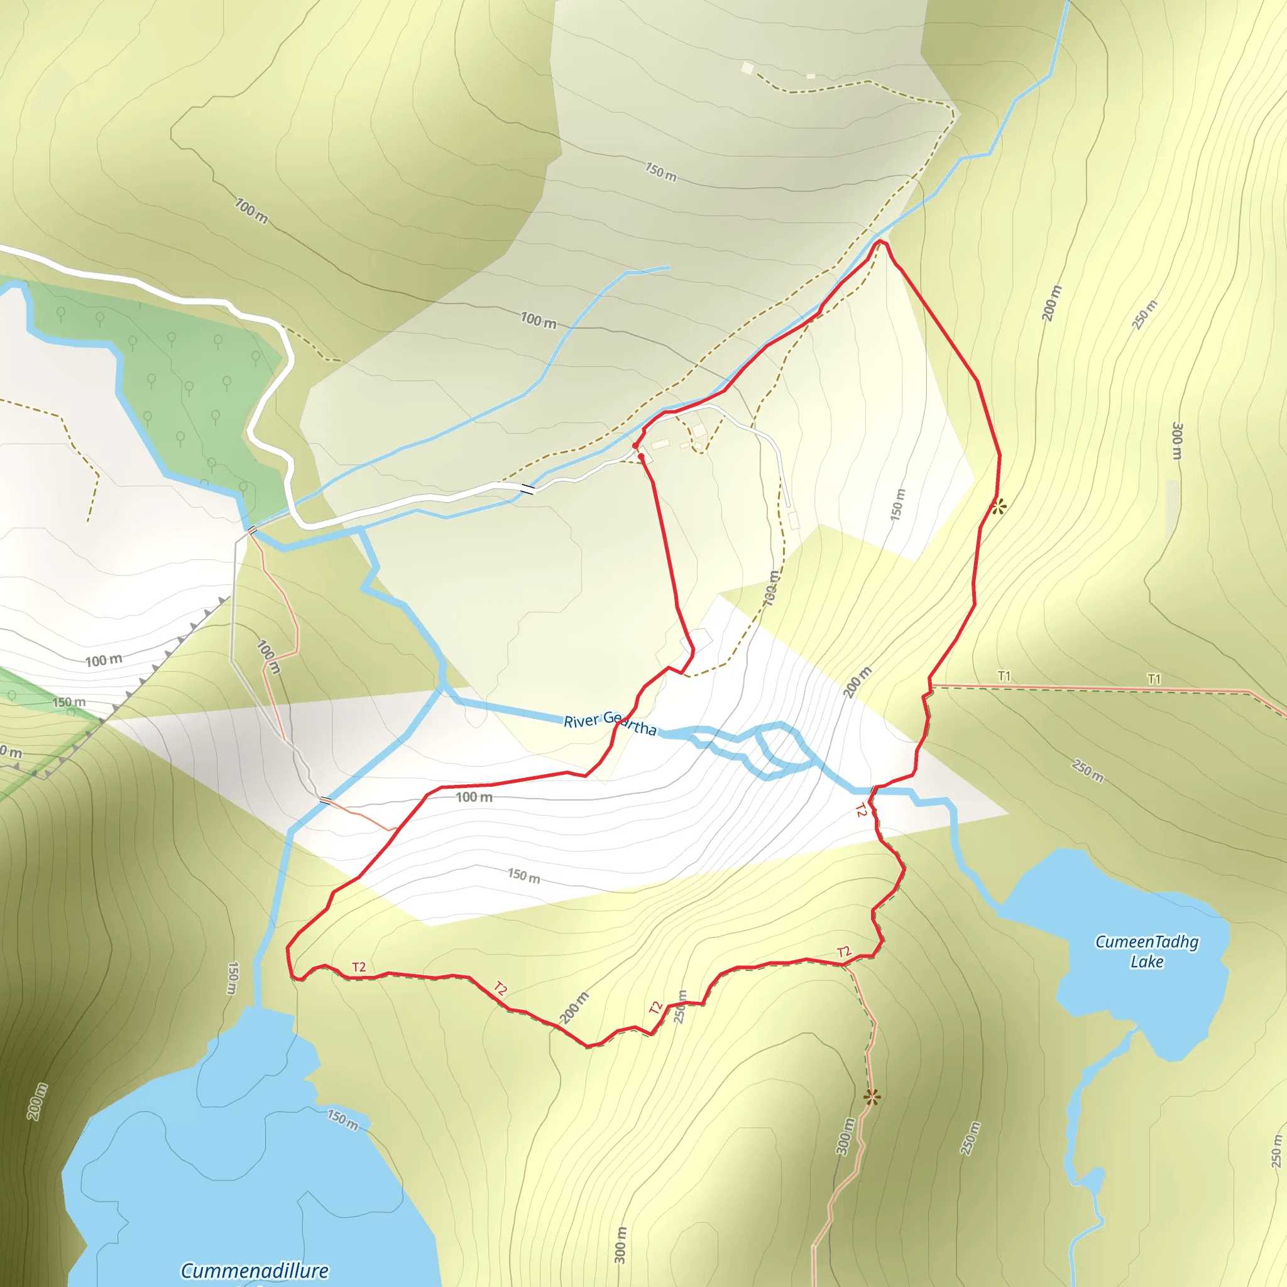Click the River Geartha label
pyautogui.click(x=610, y=723)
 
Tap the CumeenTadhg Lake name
pyautogui.click(x=1146, y=951)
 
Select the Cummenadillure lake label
pyautogui.click(x=255, y=1270)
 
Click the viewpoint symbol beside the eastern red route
pyautogui.click(x=997, y=507)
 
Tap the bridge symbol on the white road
pyautogui.click(x=528, y=489)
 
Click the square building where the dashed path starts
pyautogui.click(x=747, y=67)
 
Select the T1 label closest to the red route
pyautogui.click(x=1004, y=676)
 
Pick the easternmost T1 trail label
pyautogui.click(x=1154, y=679)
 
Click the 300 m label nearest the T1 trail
pyautogui.click(x=1177, y=441)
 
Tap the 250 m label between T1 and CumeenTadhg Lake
pyautogui.click(x=1088, y=770)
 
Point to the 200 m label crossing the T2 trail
pyautogui.click(x=574, y=1007)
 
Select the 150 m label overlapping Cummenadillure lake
pyautogui.click(x=342, y=1120)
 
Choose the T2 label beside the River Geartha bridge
pyautogui.click(x=862, y=810)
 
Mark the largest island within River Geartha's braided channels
pyautogui.click(x=787, y=747)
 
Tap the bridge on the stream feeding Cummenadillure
pyautogui.click(x=324, y=800)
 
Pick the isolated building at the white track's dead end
pyautogui.click(x=794, y=520)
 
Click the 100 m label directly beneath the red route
pyautogui.click(x=474, y=797)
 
